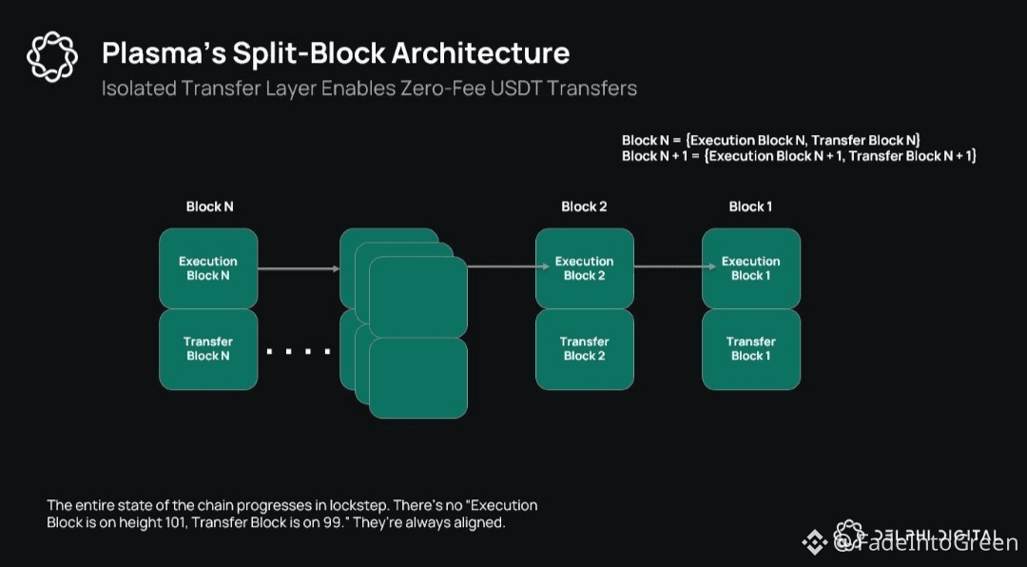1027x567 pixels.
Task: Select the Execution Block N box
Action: [x=207, y=268]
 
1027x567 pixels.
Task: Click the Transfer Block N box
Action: [x=207, y=349]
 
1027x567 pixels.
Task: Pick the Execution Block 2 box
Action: [x=584, y=268]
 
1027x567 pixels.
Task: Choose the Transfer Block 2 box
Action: [x=584, y=349]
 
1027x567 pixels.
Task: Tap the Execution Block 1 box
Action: [x=750, y=268]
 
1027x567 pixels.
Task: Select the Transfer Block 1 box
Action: [x=750, y=349]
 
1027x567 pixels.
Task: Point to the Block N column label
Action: [x=209, y=206]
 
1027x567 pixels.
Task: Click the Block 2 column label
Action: [x=584, y=206]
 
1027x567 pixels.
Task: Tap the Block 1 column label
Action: [x=750, y=206]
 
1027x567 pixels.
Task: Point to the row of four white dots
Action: [x=298, y=352]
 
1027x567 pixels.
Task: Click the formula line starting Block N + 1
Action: [x=799, y=156]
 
